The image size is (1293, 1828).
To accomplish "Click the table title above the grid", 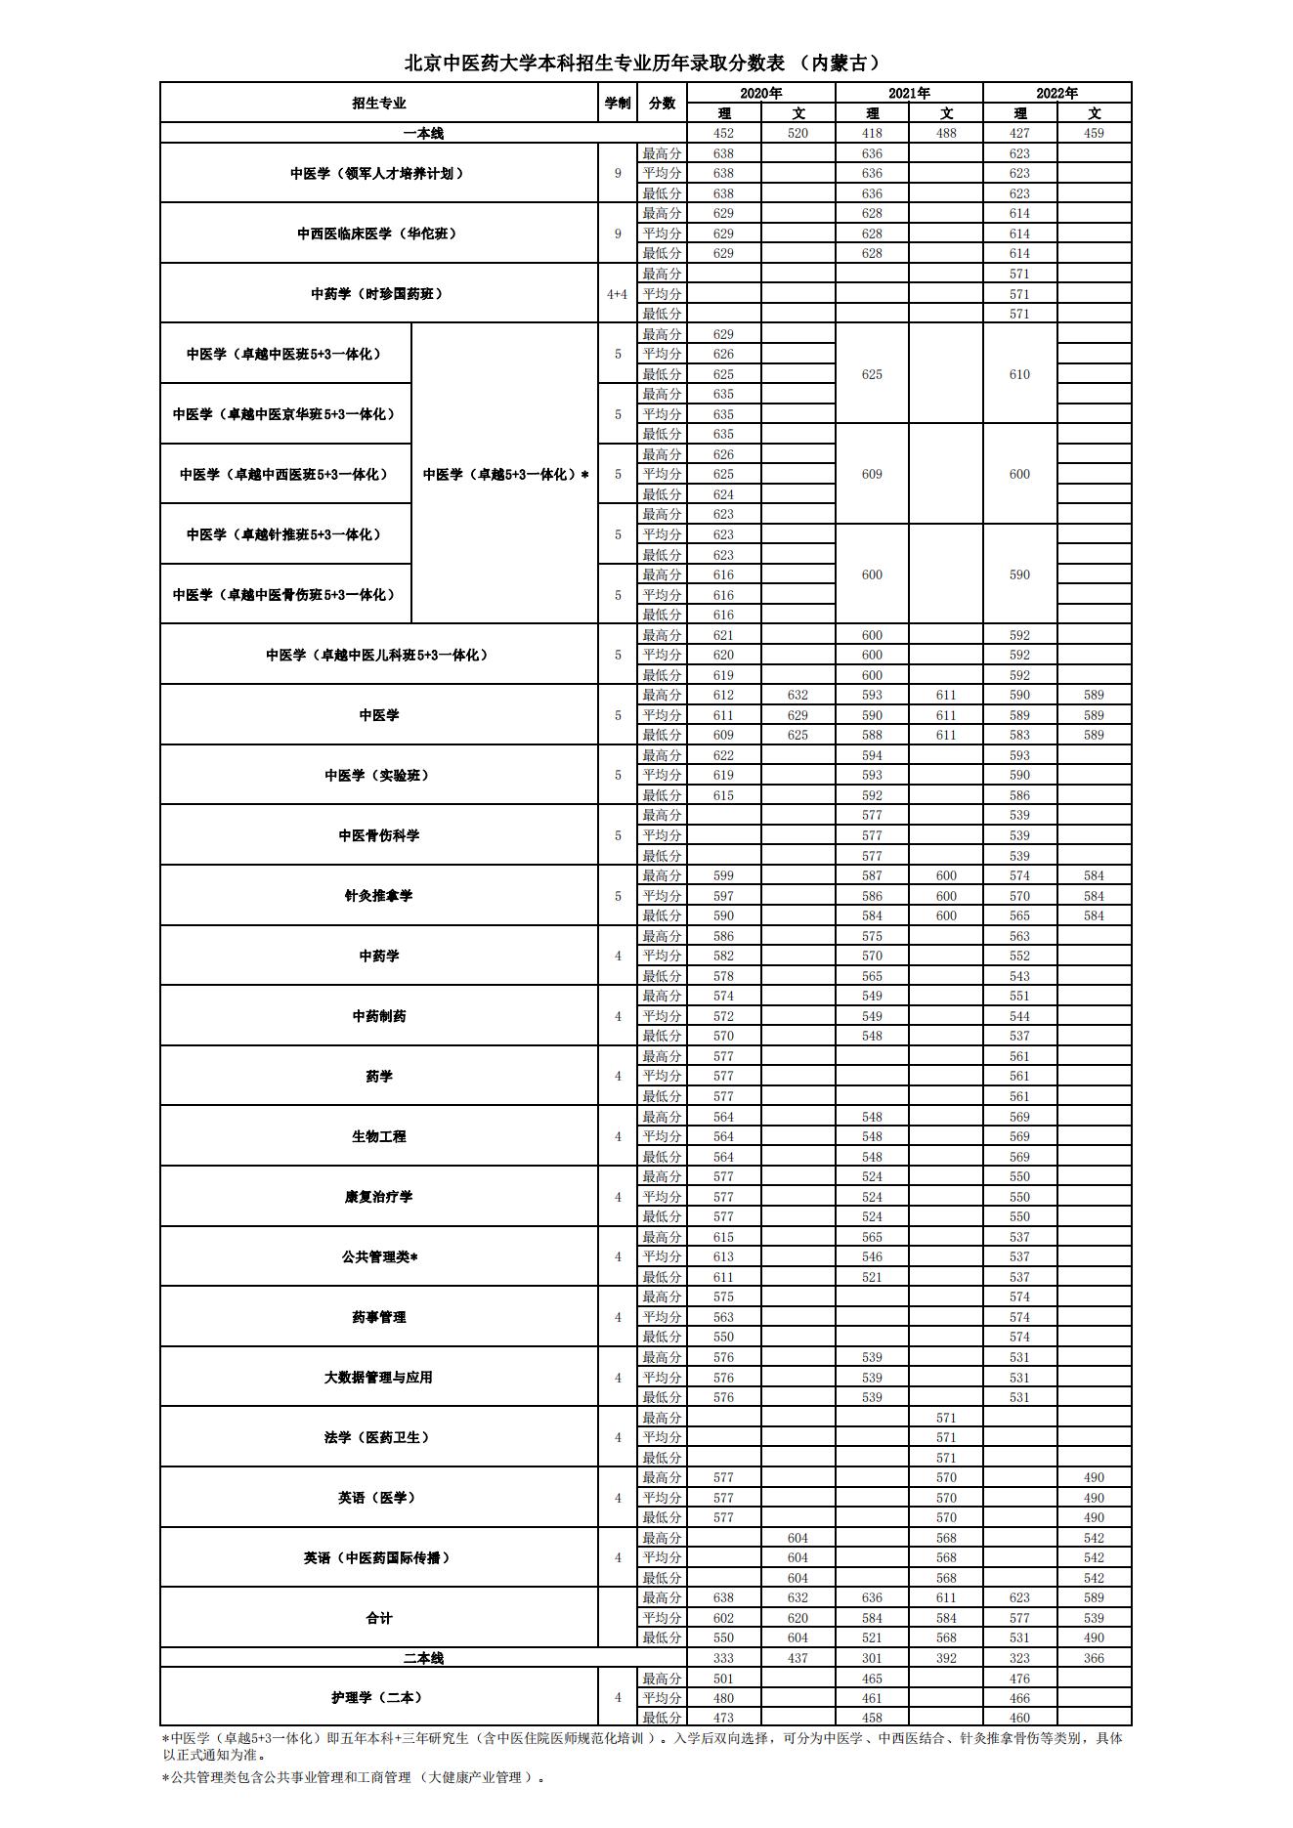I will click(x=645, y=64).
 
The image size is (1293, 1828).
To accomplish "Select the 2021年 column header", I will click(x=909, y=93).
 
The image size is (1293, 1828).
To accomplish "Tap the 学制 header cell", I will click(x=618, y=103).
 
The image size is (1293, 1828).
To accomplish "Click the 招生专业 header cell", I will click(x=379, y=103).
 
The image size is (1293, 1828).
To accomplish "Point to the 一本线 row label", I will click(x=424, y=133).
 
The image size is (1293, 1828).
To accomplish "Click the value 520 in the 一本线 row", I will click(x=797, y=133).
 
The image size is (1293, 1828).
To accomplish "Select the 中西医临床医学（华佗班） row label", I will click(x=378, y=234).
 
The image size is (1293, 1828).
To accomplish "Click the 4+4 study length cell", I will click(x=618, y=293).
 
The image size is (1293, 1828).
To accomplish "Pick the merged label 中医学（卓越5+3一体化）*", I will click(x=505, y=474).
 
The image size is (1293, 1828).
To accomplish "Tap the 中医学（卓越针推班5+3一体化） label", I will click(x=284, y=534).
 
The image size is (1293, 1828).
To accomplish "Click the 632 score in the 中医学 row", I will click(x=797, y=695).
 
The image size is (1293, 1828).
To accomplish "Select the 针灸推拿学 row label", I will click(x=378, y=895).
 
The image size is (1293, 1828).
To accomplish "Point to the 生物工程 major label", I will click(x=378, y=1136).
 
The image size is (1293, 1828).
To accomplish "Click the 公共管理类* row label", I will click(x=378, y=1256).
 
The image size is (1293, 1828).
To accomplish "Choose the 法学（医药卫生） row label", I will click(x=378, y=1437).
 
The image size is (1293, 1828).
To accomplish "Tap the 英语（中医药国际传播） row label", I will click(x=378, y=1557).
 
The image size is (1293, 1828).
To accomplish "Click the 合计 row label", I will click(x=378, y=1618).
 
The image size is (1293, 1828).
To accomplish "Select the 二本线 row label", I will click(x=424, y=1658).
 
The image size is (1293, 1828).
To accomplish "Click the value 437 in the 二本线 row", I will click(x=797, y=1658).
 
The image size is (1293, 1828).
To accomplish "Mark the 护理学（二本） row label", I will click(x=378, y=1697).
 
